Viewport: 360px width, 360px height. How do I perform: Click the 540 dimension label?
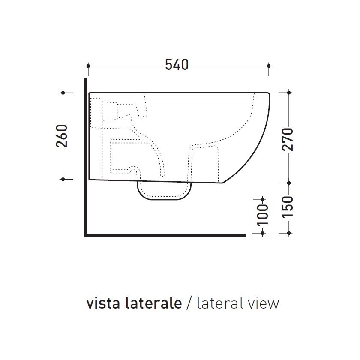tap(177, 65)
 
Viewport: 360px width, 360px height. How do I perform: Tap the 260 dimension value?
tap(62, 136)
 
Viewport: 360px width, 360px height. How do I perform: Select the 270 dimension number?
tap(288, 139)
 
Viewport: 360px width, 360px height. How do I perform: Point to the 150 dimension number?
tap(288, 207)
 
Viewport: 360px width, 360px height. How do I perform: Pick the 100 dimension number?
tap(263, 215)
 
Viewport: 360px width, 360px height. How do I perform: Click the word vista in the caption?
tap(103, 303)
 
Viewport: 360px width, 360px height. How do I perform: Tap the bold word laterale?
tap(153, 303)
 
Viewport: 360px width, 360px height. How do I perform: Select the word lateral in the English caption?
tap(219, 303)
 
